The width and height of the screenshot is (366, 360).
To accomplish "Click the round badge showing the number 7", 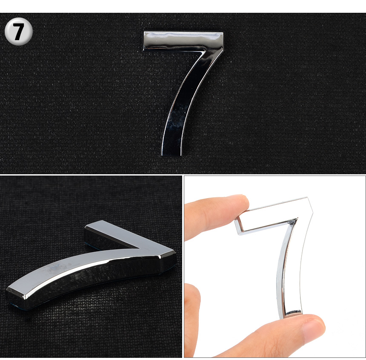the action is click(19, 31).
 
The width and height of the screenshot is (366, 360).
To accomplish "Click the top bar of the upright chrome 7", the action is click(183, 40).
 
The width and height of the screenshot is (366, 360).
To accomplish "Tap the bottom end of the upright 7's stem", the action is click(172, 154).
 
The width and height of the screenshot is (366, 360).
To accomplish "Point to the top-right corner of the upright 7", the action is click(223, 33).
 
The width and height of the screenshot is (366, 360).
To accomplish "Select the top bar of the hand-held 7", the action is click(274, 215).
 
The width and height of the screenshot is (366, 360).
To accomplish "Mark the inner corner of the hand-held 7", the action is click(297, 219).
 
